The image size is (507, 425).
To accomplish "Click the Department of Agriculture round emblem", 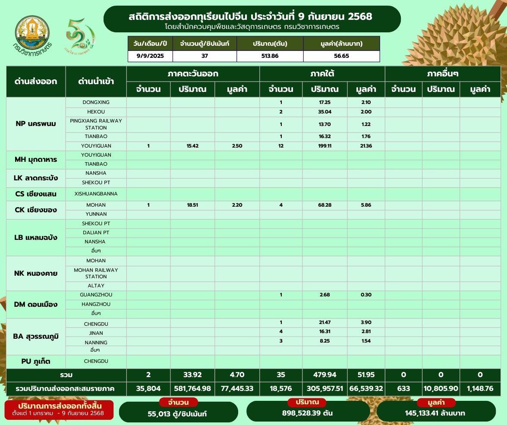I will (33, 33).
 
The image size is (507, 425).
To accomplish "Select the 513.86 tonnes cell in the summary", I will (270, 56).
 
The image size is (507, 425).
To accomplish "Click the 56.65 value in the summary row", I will (341, 56).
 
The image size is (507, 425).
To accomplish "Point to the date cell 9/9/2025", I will (150, 56).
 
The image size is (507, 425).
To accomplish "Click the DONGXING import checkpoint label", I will (96, 102).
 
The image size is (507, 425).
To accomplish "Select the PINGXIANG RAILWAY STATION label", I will (96, 124).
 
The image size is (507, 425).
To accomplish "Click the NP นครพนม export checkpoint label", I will (35, 124).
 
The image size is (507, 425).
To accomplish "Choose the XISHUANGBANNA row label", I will (96, 194).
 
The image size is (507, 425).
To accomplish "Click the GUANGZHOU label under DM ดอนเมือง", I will (96, 295).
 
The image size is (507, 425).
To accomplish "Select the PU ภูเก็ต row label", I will (35, 361).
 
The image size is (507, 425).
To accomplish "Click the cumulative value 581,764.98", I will (192, 388).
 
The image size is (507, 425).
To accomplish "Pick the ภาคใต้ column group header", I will (322, 74).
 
